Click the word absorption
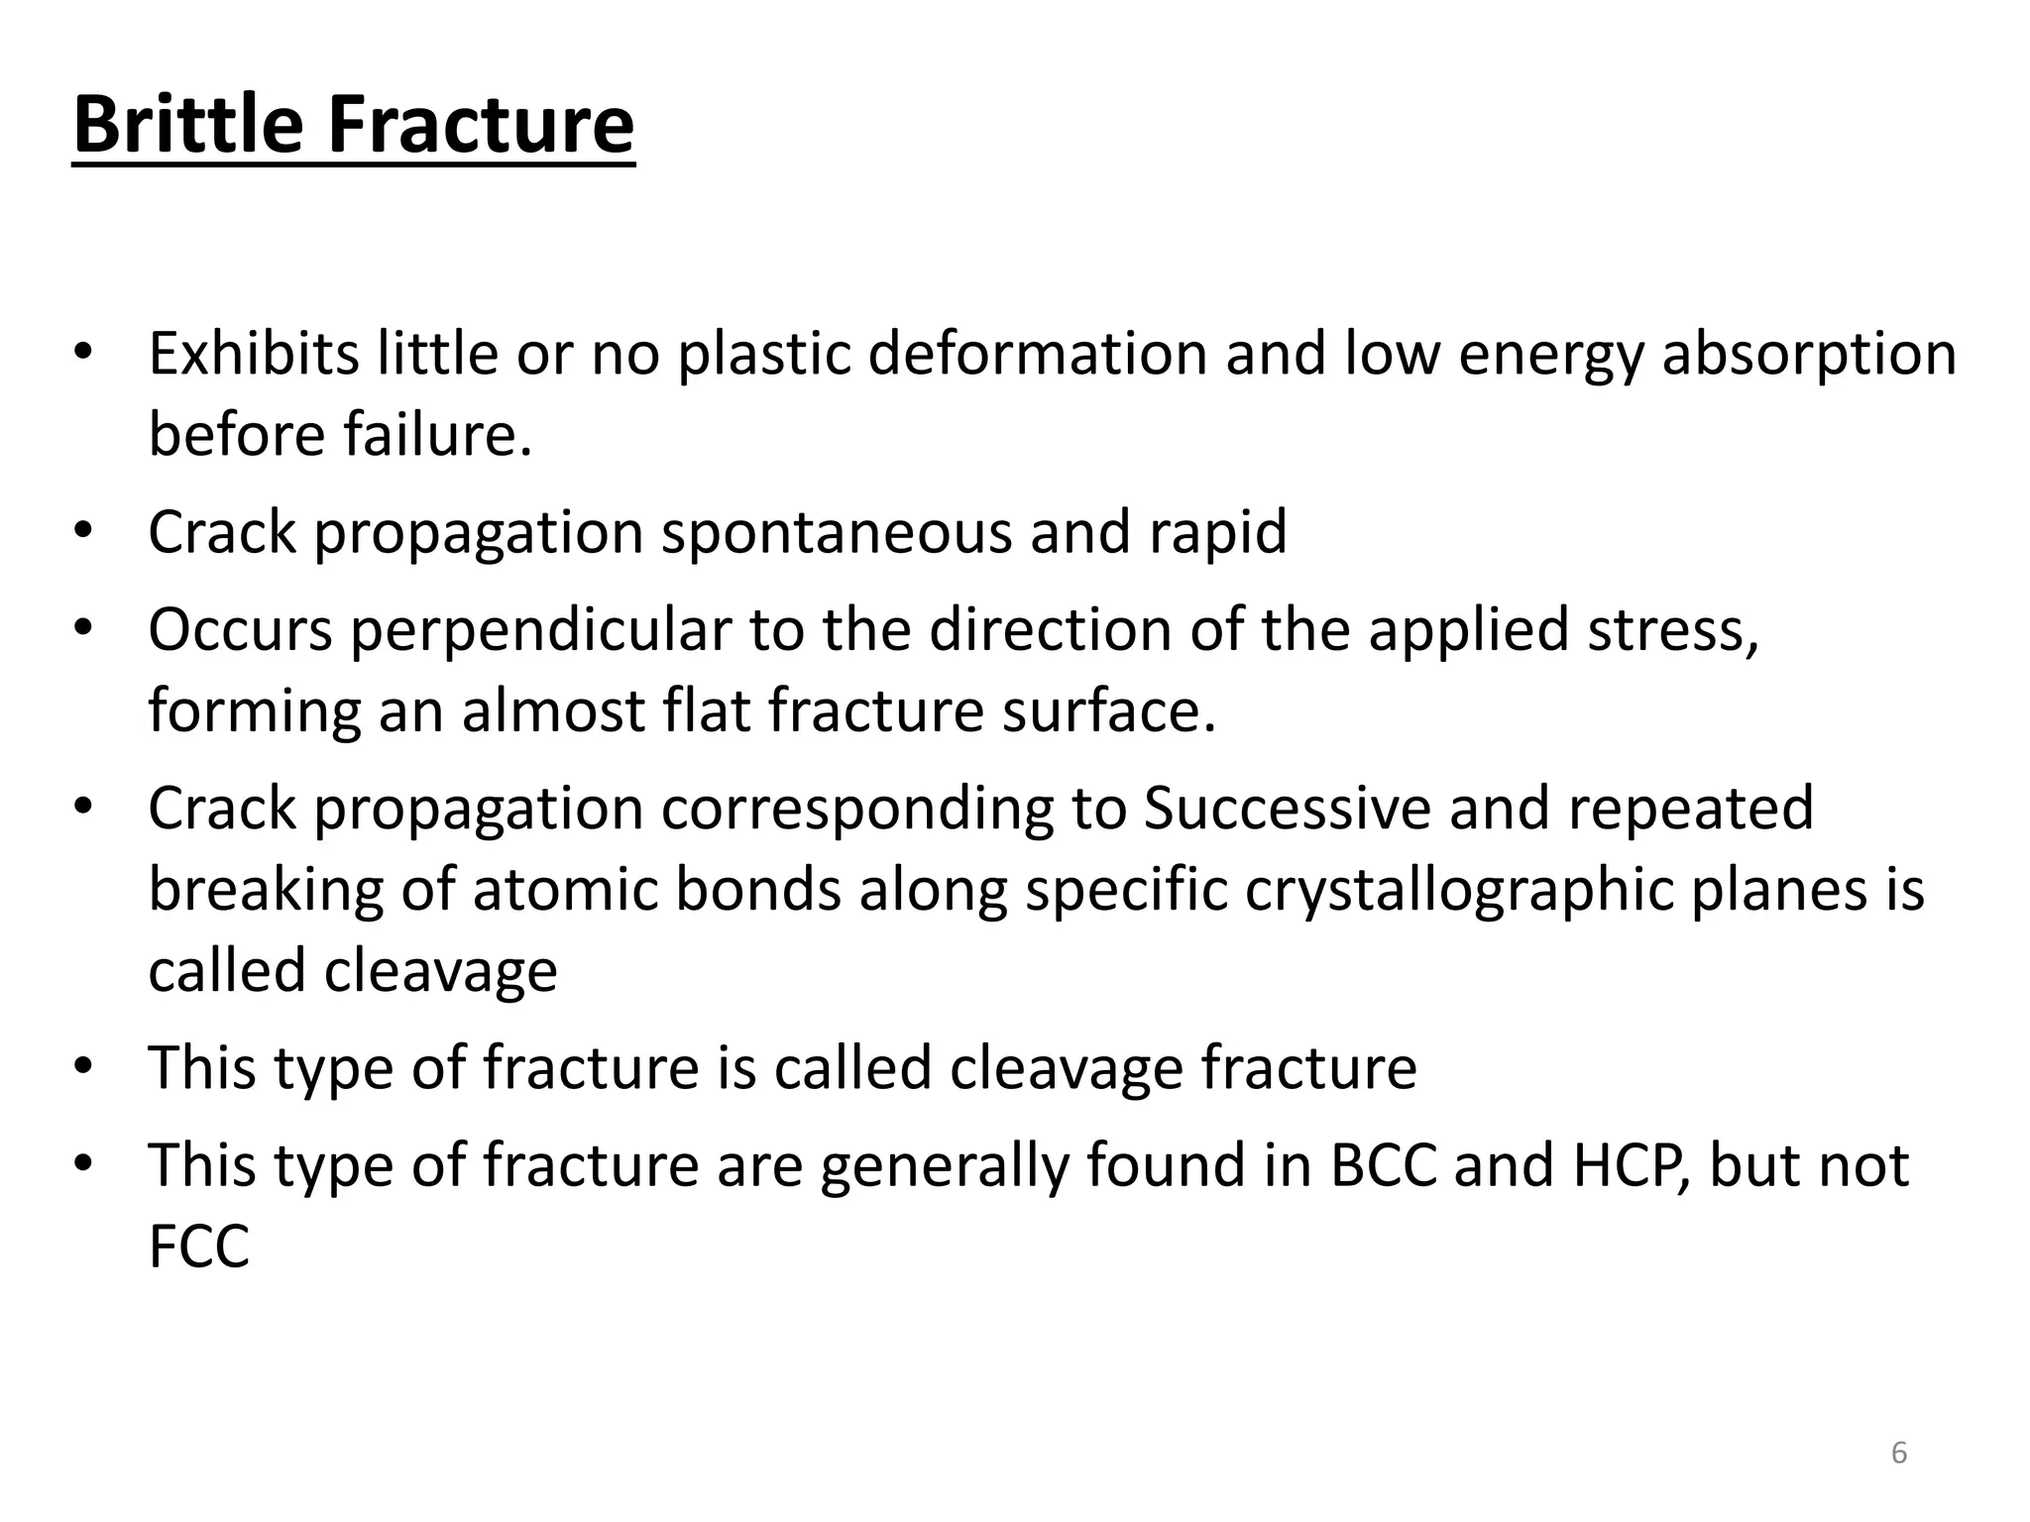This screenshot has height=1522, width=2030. coord(1809,355)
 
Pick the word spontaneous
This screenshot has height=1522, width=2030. coord(837,533)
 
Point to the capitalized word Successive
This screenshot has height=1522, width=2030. coord(1288,808)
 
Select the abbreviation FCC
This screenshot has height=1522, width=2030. coord(198,1246)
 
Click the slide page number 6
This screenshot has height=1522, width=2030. coord(1898,1453)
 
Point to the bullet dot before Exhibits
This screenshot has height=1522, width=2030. coord(83,353)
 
